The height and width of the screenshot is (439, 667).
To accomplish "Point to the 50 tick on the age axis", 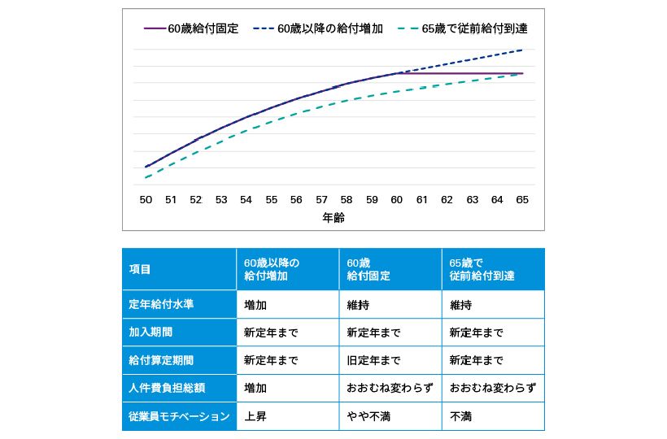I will (x=146, y=199).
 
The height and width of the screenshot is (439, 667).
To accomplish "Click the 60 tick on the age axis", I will (x=397, y=199).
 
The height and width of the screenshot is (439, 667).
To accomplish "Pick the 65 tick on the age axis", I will (x=522, y=199).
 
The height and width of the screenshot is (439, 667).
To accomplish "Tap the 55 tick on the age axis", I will (x=272, y=199).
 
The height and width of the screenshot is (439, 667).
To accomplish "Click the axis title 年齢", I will (x=334, y=218).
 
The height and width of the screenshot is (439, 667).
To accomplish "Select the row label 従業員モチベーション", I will (x=179, y=416).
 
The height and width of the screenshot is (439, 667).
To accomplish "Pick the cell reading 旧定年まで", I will (x=373, y=360).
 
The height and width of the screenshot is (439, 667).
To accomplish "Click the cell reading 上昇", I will (x=255, y=416).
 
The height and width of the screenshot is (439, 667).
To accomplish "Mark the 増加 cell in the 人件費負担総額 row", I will (x=255, y=389).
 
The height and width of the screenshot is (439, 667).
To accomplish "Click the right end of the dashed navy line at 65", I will (x=522, y=50).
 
